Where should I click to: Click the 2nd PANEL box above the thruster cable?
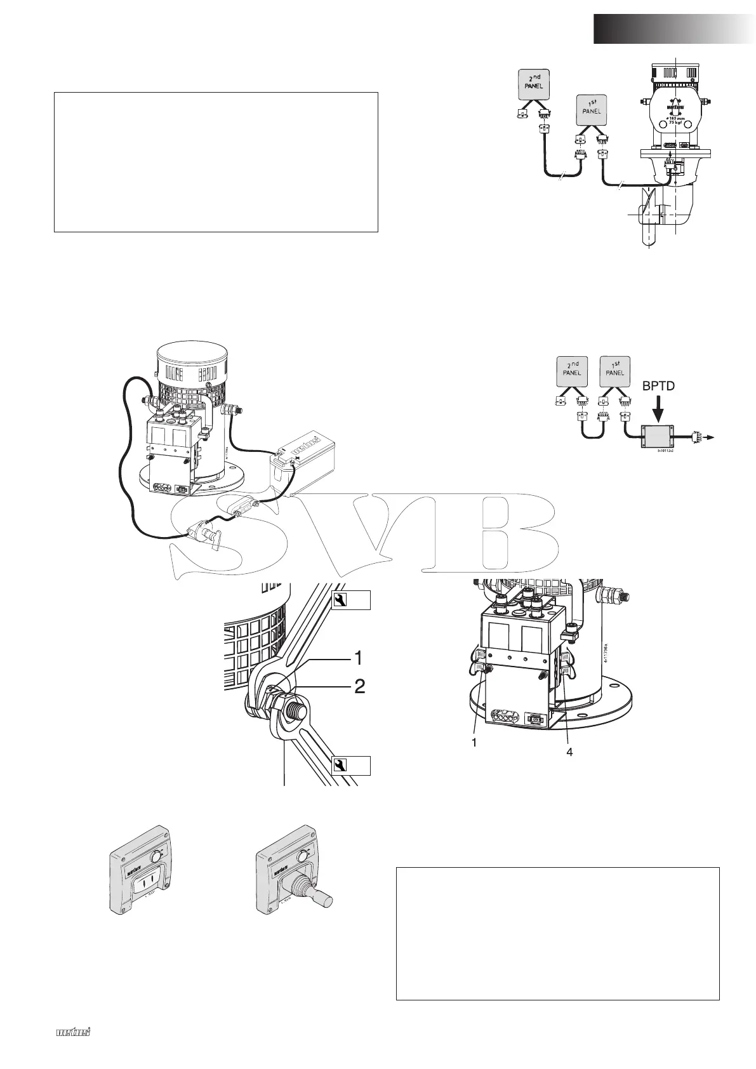[533, 83]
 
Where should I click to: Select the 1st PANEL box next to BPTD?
[614, 370]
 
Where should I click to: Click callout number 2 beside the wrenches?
[359, 686]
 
